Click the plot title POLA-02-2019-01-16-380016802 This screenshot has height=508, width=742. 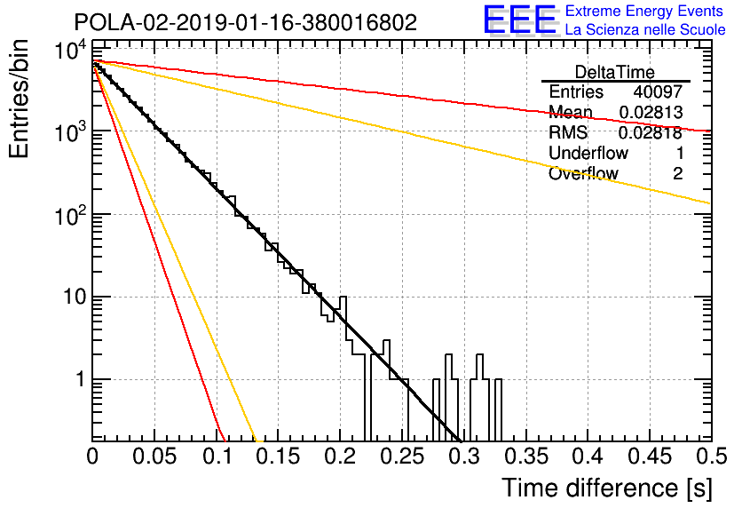pos(246,22)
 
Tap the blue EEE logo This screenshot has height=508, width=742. pos(520,20)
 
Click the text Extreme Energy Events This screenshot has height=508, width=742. pos(644,11)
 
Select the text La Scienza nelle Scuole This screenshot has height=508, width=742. pos(645,30)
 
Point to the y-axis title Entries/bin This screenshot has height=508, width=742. pos(19,99)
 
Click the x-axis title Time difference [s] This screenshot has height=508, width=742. pos(607,488)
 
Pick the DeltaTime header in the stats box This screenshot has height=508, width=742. pos(615,73)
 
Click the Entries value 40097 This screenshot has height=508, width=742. pos(658,91)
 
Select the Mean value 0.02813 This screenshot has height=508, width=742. pos(651,113)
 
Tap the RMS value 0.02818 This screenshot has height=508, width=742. pos(651,133)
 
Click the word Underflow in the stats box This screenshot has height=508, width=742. pos(588,154)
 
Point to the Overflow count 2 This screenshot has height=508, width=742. pos(677,174)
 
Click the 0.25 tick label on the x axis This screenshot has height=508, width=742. pos(402,456)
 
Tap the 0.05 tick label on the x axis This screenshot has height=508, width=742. pos(154,456)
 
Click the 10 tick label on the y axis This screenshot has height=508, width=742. pos(75,298)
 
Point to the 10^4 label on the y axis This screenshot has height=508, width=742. pos(70,50)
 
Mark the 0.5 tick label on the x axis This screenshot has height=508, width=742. pos(711,456)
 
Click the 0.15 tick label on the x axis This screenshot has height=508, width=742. pos(278,456)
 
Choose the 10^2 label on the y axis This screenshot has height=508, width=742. pos(70,216)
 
